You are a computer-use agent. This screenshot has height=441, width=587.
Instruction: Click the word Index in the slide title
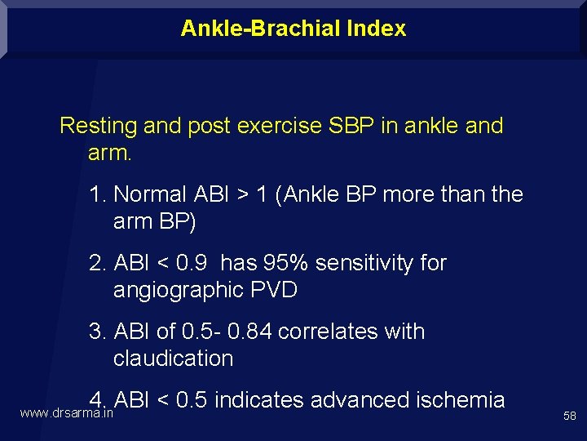click(376, 29)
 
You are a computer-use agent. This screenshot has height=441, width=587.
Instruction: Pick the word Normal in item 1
click(151, 194)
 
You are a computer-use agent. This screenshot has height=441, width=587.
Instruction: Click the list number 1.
click(98, 194)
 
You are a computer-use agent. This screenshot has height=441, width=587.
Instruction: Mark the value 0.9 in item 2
click(192, 263)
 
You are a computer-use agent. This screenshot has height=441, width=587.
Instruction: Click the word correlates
click(334, 332)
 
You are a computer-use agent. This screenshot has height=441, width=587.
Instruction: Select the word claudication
click(173, 358)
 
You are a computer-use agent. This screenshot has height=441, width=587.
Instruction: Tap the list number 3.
click(98, 332)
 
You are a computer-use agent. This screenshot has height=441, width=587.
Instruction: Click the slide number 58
click(569, 416)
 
